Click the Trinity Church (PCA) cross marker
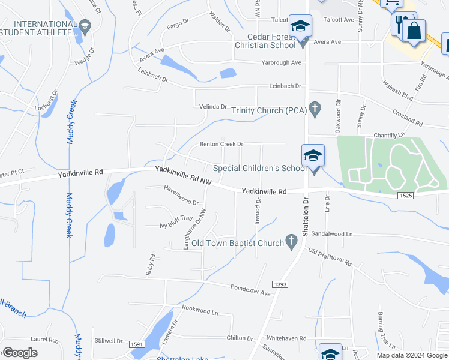click(313, 109)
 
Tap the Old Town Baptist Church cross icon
click(291, 242)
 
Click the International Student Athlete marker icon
click(85, 25)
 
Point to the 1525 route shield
click(405, 196)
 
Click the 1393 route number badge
click(279, 284)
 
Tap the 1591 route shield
click(136, 344)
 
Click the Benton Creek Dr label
click(221, 144)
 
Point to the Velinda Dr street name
click(213, 107)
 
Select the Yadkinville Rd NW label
click(183, 175)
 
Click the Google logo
click(20, 352)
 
